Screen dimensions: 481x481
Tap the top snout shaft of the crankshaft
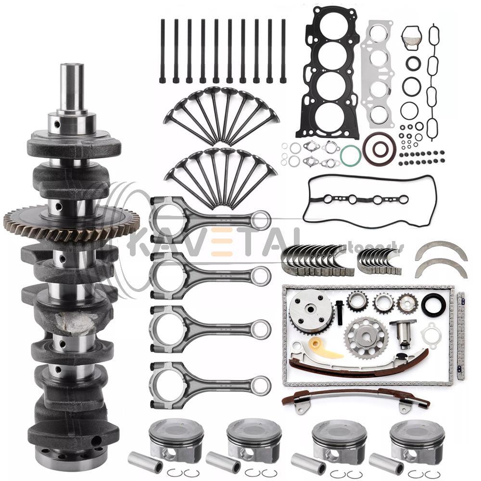[72, 87]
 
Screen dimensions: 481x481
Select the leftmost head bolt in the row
[162, 51]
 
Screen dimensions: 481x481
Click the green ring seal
[351, 155]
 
